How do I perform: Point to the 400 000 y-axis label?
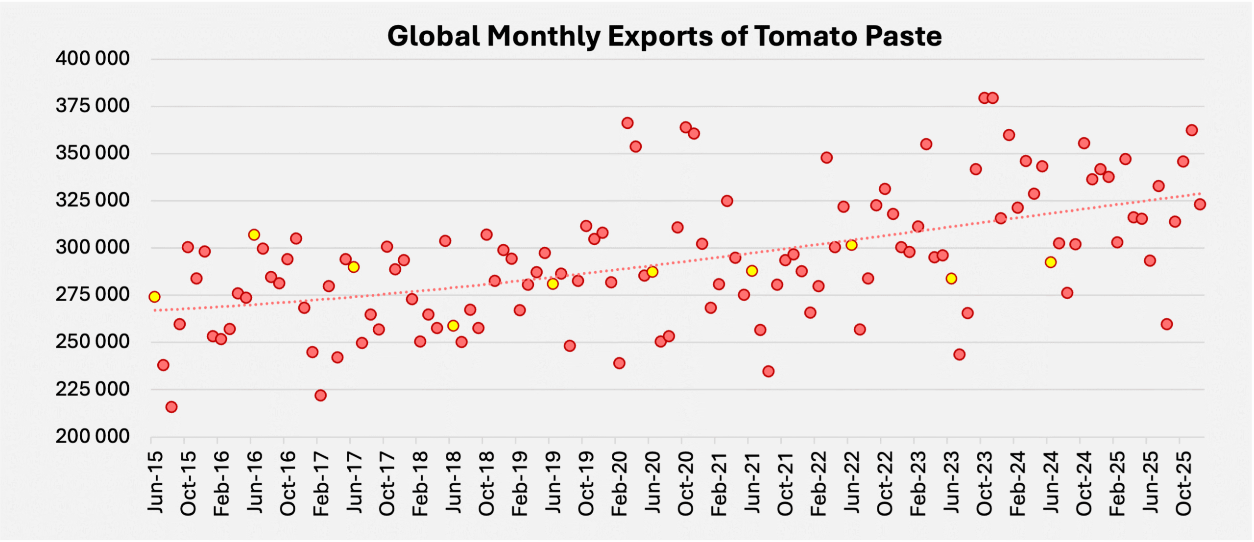(x=93, y=59)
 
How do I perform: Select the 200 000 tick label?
(x=93, y=436)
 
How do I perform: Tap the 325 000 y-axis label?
(x=93, y=200)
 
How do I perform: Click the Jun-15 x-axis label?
(x=155, y=482)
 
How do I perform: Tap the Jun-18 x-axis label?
(x=454, y=482)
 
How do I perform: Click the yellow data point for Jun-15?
(x=154, y=297)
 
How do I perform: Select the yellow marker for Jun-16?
(x=254, y=235)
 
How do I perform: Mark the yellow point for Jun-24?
(x=1050, y=262)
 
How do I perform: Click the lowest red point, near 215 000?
(x=171, y=407)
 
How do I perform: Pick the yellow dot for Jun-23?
(x=951, y=279)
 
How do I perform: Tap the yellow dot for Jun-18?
(x=453, y=326)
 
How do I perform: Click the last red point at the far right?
(x=1200, y=204)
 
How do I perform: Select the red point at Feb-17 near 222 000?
(x=320, y=395)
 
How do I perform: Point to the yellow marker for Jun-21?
(x=752, y=271)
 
